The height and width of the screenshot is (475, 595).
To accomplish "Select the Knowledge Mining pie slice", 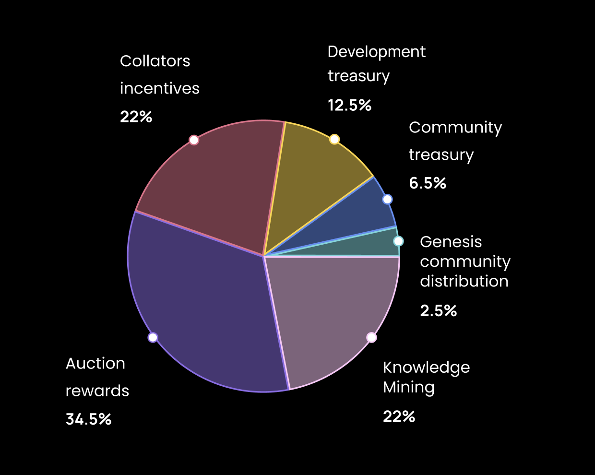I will tap(331, 312).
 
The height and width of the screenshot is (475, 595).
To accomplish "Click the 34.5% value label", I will tap(89, 419).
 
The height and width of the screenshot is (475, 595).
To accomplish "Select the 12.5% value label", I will tap(349, 105).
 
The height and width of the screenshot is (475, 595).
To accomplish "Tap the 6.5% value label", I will tap(428, 183).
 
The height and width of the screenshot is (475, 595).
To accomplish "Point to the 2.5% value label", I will tap(438, 311).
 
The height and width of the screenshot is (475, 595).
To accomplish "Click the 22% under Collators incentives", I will tap(136, 117).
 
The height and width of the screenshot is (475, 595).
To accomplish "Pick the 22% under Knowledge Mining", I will tap(399, 416).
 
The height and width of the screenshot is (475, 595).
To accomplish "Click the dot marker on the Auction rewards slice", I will tap(153, 337).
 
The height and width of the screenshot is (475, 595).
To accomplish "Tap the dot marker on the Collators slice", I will tap(194, 140).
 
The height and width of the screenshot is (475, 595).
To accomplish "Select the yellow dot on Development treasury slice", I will tap(334, 139).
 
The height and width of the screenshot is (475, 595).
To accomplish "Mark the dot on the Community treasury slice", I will tap(387, 199).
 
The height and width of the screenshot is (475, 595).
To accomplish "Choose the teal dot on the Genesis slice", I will tap(398, 241).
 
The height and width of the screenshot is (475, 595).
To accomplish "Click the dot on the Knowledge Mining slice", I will tap(371, 337).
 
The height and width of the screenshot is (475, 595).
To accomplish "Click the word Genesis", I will tap(451, 242).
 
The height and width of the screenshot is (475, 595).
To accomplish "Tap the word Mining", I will tap(408, 387).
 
